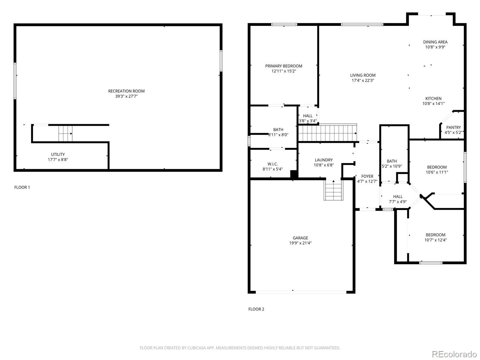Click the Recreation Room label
pos(126,91)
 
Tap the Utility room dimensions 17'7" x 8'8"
pos(58,160)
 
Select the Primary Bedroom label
pos(283,66)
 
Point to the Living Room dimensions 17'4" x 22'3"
pos(363,80)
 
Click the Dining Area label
pos(435,42)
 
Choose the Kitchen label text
pos(433,99)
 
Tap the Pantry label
pos(453,127)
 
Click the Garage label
pos(300,238)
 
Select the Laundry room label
pos(324,160)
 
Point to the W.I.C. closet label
pos(272,164)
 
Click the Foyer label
pos(367,176)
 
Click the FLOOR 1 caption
pos(22,187)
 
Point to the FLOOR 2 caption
pos(256,309)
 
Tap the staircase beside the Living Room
pos(328,133)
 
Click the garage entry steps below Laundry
pos(333,190)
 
